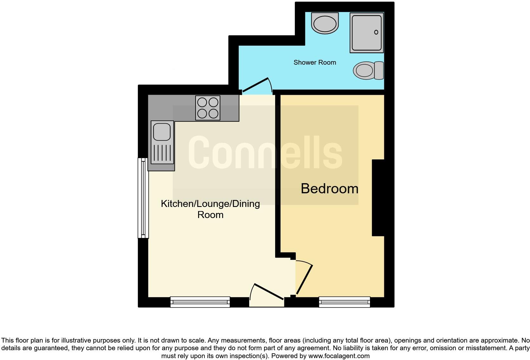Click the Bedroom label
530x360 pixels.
(329, 189)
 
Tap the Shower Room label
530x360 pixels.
(314, 62)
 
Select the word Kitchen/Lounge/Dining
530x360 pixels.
(210, 203)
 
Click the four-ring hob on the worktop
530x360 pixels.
(208, 108)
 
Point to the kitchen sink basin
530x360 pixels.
(162, 132)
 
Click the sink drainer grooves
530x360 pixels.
(162, 153)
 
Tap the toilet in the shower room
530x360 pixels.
(368, 70)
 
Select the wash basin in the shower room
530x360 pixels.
(325, 23)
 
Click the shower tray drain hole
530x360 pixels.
(376, 32)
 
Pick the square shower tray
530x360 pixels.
(366, 32)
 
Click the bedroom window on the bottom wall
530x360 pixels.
(344, 302)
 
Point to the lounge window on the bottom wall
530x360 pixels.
(200, 302)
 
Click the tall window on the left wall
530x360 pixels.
(143, 198)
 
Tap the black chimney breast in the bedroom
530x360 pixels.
(378, 198)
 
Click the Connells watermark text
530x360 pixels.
(265, 153)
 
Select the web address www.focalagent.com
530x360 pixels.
(339, 356)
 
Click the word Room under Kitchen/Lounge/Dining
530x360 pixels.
(210, 215)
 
